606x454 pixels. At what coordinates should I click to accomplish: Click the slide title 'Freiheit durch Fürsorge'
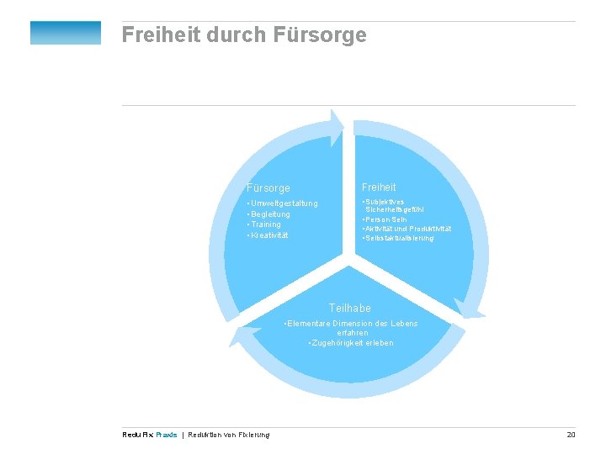(244, 35)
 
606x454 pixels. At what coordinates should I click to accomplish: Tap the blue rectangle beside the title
(66, 33)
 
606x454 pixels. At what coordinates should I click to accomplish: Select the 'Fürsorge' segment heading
(268, 188)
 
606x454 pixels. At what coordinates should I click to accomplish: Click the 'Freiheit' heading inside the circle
(379, 187)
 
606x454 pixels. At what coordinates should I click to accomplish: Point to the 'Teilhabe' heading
(349, 309)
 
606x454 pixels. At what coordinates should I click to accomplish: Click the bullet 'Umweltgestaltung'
(284, 203)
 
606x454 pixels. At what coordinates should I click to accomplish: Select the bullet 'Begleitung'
(269, 214)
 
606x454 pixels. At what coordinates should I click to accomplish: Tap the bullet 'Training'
(265, 224)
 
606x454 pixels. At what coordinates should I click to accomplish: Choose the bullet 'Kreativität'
(269, 235)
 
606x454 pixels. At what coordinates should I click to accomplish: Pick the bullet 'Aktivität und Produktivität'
(407, 229)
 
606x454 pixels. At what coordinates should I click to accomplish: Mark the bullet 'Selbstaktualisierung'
(399, 238)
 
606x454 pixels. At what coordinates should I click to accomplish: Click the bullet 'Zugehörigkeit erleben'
(351, 343)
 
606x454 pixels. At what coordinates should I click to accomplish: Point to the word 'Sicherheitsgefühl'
(395, 209)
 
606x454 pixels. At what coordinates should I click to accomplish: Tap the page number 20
(571, 434)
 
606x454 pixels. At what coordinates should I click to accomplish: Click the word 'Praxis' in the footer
(167, 435)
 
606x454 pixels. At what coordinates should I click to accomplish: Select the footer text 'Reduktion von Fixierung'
(229, 435)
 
